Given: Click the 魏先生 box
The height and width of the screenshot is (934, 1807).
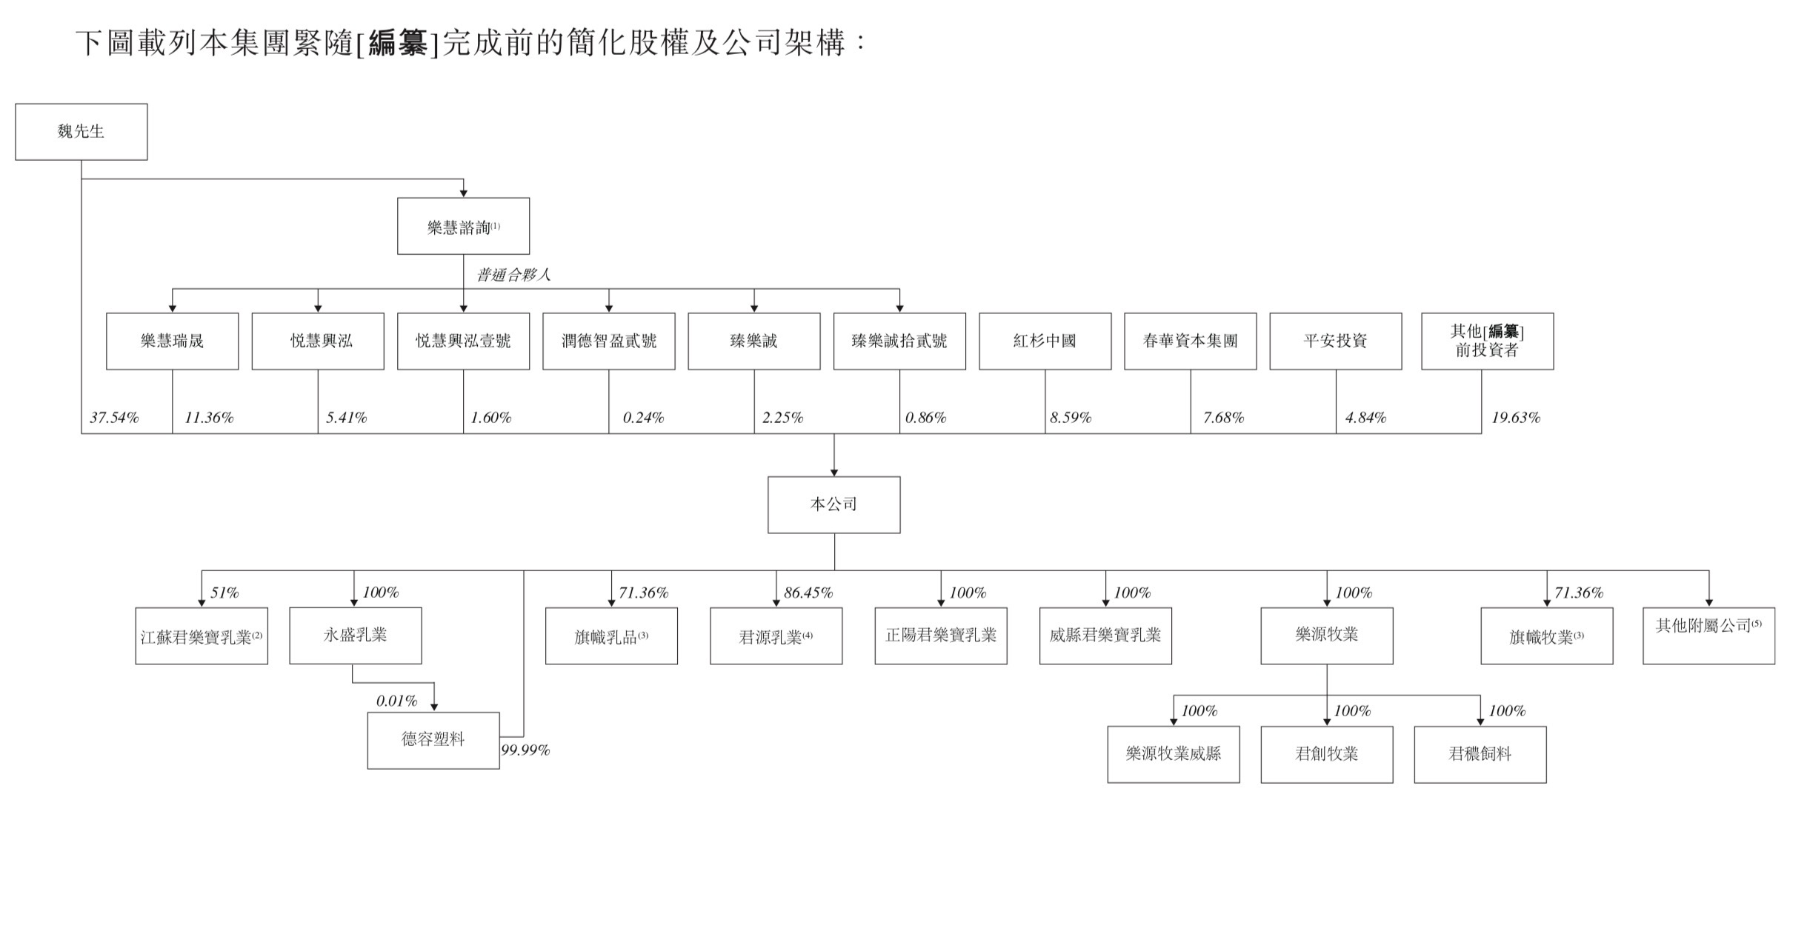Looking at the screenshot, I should click(81, 132).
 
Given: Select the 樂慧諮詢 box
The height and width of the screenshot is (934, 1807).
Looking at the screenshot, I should click(463, 227).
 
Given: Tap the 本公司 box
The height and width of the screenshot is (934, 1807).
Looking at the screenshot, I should click(833, 504).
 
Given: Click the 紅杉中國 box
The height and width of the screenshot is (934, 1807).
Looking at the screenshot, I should click(1045, 341).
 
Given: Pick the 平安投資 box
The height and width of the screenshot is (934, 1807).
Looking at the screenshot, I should click(1335, 341).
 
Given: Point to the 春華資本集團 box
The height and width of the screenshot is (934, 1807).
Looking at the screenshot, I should click(1190, 341).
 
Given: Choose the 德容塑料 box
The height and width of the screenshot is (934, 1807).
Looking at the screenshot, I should click(433, 740).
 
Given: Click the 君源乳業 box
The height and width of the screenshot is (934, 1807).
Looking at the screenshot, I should click(776, 636).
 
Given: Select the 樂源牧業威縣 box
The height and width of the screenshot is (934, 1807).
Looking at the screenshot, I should click(1173, 754).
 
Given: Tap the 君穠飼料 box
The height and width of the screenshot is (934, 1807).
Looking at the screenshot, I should click(1480, 754).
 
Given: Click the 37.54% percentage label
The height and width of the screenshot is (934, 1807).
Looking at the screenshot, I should click(114, 418).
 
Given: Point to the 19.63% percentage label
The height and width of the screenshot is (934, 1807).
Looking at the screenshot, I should click(1515, 418).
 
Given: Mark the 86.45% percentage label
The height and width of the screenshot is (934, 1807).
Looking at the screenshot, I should click(808, 593).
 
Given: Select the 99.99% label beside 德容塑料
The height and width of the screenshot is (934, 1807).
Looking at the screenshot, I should click(525, 750).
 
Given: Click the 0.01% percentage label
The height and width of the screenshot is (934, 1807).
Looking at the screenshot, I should click(396, 701).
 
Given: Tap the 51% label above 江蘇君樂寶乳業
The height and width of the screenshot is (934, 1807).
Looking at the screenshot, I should click(224, 593).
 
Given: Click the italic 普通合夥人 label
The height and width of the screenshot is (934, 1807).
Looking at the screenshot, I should click(513, 276).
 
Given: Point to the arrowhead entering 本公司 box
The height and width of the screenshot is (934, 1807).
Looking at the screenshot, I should click(834, 472).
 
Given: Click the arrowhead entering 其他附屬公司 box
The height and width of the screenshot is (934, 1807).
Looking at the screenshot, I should click(1708, 602).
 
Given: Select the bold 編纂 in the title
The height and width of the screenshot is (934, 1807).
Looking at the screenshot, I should click(398, 44).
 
